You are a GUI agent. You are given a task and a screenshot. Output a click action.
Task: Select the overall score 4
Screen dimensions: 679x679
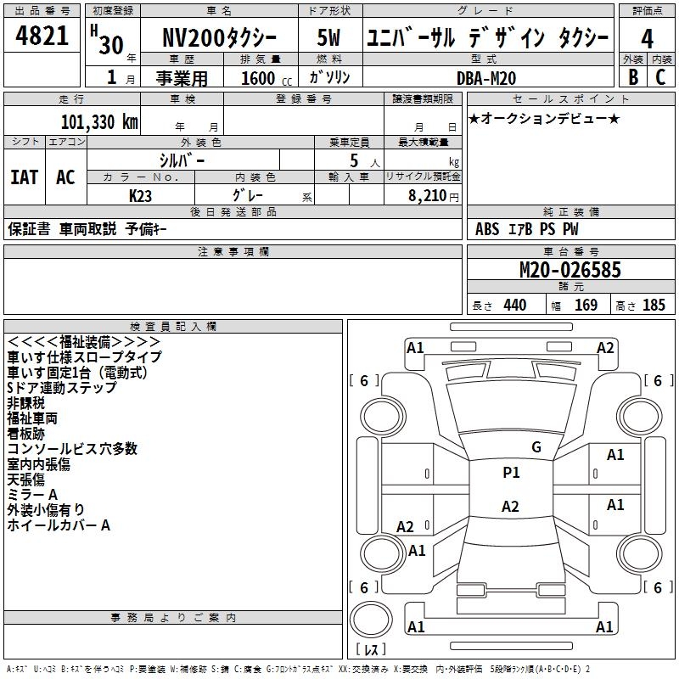pos(648,39)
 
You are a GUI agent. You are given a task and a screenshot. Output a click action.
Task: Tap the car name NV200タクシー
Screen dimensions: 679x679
pos(218,39)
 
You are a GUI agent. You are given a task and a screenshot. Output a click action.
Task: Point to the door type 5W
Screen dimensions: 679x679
pos(329,39)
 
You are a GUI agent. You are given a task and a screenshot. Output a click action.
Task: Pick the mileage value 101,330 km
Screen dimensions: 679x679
pos(99,122)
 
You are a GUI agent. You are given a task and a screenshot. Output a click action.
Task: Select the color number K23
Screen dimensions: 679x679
pos(141,195)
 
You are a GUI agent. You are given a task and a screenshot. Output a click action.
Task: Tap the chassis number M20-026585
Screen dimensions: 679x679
pos(570,270)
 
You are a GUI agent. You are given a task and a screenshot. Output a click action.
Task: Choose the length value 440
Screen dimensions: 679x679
pos(514,306)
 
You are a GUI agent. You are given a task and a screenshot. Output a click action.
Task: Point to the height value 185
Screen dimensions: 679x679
pos(654,306)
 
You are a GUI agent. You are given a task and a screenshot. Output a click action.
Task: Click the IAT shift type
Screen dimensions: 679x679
pos(24,177)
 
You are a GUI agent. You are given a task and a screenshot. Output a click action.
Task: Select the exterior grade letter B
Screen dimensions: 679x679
pos(632,76)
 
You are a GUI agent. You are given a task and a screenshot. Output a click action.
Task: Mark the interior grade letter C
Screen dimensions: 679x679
pos(660,76)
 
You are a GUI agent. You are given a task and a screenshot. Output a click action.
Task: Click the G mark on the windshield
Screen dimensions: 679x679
pos(536,447)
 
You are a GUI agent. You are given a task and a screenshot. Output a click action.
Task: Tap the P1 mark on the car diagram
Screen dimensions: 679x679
pos(511,473)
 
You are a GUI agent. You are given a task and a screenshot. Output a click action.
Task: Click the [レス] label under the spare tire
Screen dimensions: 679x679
pos(371,651)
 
